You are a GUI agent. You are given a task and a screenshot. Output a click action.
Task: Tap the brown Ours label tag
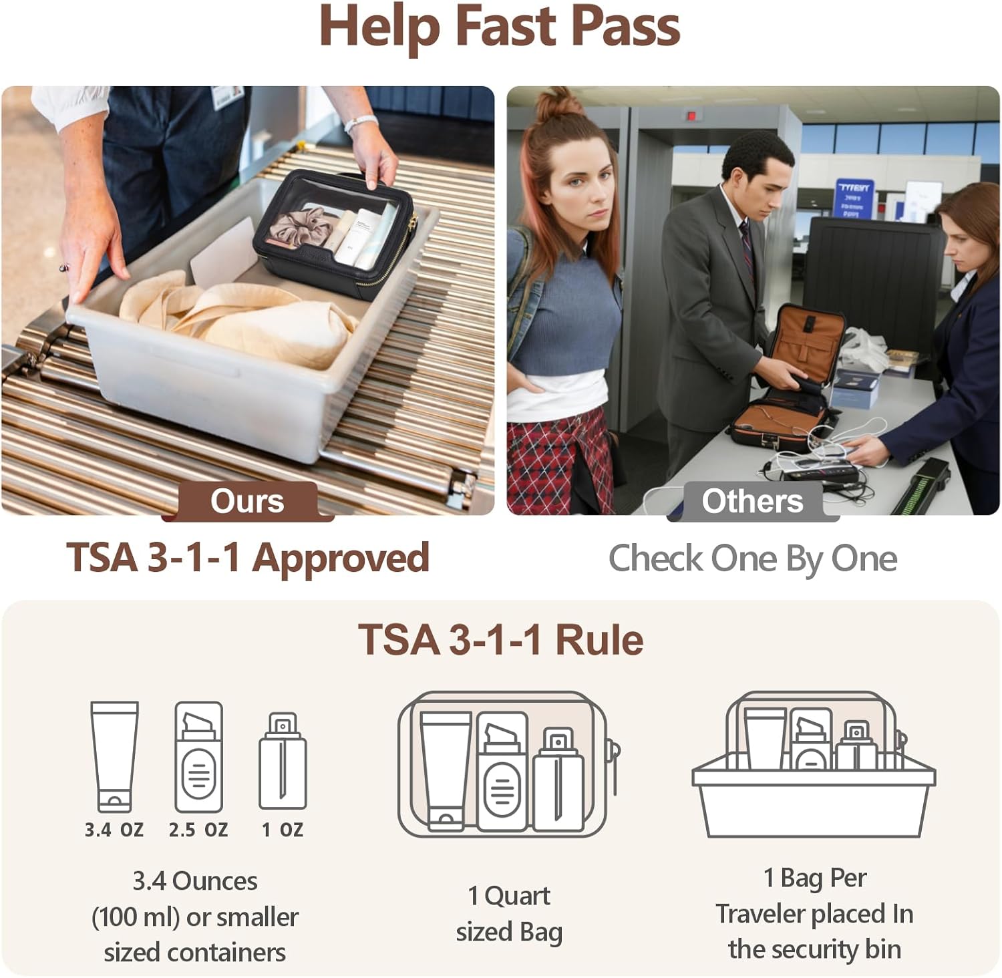pyautogui.click(x=247, y=501)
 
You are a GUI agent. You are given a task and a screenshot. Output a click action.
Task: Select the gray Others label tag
pyautogui.click(x=752, y=501)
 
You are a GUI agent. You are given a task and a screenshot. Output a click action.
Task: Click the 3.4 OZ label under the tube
pyautogui.click(x=114, y=830)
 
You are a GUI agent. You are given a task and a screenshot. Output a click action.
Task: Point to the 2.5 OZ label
pyautogui.click(x=198, y=830)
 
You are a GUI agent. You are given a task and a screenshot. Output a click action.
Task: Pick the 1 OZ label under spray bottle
pyautogui.click(x=283, y=830)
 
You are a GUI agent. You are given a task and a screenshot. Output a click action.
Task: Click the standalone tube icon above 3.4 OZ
pyautogui.click(x=114, y=755)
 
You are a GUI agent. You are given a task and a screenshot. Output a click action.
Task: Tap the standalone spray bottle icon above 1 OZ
pyautogui.click(x=283, y=762)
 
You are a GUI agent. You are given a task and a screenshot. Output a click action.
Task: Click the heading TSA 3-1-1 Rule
pyautogui.click(x=501, y=640)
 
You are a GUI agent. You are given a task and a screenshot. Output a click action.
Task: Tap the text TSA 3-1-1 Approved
pyautogui.click(x=247, y=558)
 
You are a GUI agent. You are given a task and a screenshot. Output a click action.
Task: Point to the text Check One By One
pyautogui.click(x=752, y=558)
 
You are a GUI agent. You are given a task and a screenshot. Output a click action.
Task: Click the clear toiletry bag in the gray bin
pyautogui.click(x=334, y=234)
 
